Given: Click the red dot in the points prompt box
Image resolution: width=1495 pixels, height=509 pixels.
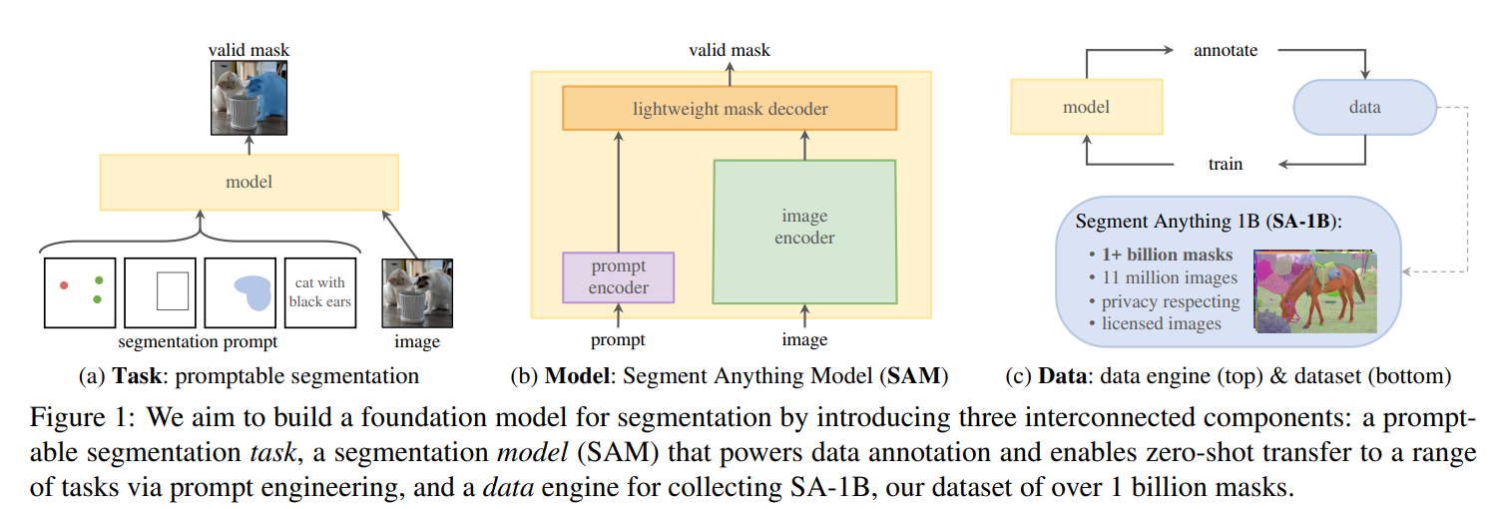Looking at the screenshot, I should coord(64,285).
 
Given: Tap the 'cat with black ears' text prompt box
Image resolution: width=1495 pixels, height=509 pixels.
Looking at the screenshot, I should coord(319,291).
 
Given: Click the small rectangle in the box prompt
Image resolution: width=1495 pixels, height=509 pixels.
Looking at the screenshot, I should coord(173,290).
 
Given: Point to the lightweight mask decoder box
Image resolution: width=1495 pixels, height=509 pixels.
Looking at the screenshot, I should coord(730,108).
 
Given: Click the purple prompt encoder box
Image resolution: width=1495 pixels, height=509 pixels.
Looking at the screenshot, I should coord(619,276).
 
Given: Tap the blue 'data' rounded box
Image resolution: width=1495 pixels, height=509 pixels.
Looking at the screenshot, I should coord(1364,107).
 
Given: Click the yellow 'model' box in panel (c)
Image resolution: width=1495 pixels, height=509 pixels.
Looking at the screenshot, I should coord(1086,107).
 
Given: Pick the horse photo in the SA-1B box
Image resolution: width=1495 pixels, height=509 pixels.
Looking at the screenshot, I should coord(1315,290).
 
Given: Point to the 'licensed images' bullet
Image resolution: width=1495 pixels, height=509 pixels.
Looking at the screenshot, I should coord(1162,322).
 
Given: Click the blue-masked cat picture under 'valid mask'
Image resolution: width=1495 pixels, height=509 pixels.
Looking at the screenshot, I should coord(249,97).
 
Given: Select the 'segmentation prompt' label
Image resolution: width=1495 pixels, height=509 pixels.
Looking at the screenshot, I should coord(198,342).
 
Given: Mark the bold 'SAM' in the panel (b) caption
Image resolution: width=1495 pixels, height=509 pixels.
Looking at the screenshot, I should coord(910,377).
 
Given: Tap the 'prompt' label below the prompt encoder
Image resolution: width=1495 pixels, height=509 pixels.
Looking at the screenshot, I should coord(618,340).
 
